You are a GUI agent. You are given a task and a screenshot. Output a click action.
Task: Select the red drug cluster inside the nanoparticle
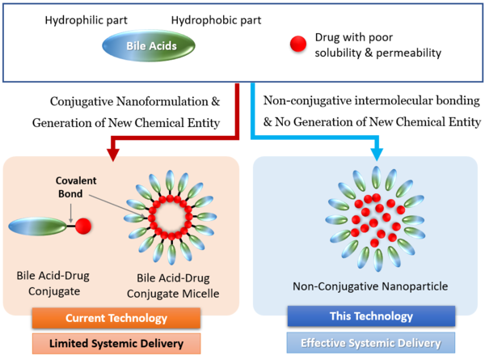tap(373, 218)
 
